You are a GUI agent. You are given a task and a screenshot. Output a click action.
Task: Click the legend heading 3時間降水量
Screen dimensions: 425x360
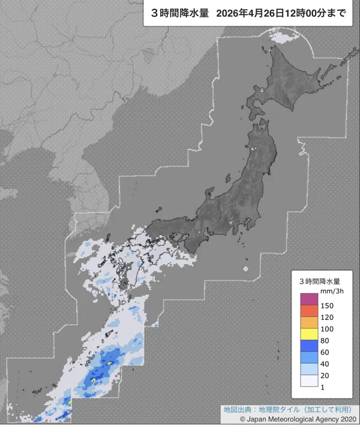(320, 280)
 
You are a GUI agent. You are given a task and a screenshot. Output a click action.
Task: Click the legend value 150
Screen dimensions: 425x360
(328, 306)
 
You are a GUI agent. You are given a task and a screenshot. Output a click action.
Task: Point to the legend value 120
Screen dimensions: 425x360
(328, 317)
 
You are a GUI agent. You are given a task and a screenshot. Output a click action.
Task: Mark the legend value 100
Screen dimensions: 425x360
(328, 329)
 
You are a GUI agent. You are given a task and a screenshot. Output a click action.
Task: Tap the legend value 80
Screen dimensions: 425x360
(325, 340)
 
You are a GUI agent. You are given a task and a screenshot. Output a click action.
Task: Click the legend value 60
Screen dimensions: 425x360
(325, 352)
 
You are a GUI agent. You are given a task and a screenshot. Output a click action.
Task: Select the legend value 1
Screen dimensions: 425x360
(323, 387)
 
